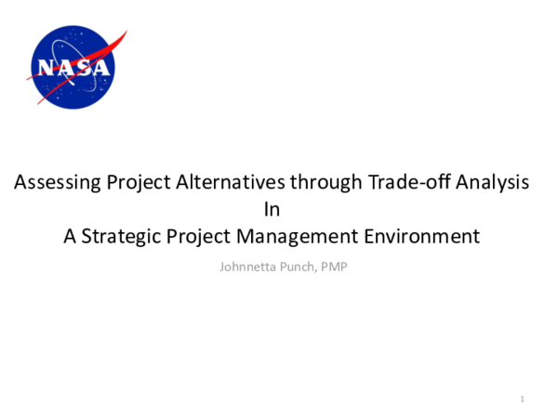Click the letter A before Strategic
[70, 236]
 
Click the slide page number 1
[523, 399]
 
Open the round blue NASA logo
[73, 68]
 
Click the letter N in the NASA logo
[46, 68]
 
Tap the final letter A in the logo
[100, 68]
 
